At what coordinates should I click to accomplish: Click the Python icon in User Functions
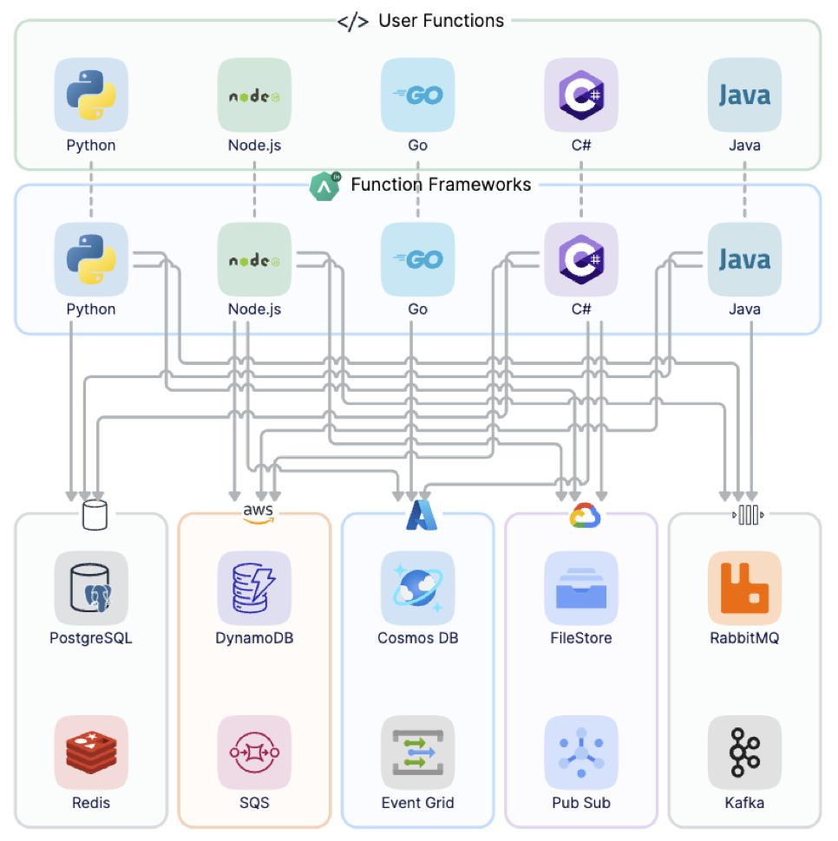tap(91, 95)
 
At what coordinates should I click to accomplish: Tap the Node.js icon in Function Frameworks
tap(254, 259)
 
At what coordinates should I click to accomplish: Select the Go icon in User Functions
tap(417, 95)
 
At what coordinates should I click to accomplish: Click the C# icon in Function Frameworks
tap(580, 259)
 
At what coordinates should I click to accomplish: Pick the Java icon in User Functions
tap(744, 95)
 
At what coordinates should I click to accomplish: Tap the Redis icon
tap(91, 752)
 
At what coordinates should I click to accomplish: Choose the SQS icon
tap(254, 752)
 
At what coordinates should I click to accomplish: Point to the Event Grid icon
tap(417, 752)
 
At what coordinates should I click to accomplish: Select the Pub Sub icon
tap(580, 752)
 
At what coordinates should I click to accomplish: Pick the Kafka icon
tap(744, 752)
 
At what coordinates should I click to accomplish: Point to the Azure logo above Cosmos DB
tap(422, 515)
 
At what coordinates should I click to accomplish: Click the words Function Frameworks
tap(441, 185)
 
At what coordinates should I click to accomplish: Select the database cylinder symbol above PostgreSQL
tap(94, 515)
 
